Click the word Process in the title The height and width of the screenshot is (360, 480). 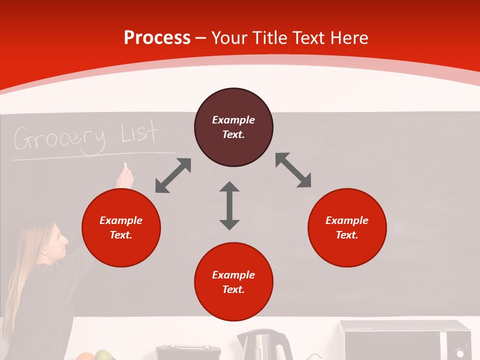coord(157,38)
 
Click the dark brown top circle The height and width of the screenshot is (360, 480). coord(233,127)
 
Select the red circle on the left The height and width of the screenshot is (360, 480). coord(121,227)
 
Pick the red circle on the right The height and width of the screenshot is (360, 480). coord(347,227)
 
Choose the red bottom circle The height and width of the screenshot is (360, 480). coord(233,282)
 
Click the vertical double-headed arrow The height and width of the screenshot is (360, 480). coord(229,205)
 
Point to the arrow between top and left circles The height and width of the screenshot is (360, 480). coord(173,175)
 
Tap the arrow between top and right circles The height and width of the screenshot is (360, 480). coord(293,170)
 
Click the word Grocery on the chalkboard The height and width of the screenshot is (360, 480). coord(59,138)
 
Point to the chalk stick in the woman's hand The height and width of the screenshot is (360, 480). coord(125,165)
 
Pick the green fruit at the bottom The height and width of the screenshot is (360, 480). coord(103,355)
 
